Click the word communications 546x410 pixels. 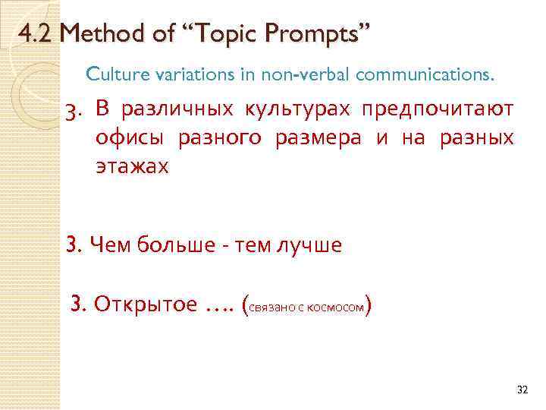coord(425,75)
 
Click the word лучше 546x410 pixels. coord(310,244)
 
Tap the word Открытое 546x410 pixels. coord(144,305)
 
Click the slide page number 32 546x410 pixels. coord(521,389)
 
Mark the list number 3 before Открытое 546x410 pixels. coord(77,305)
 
